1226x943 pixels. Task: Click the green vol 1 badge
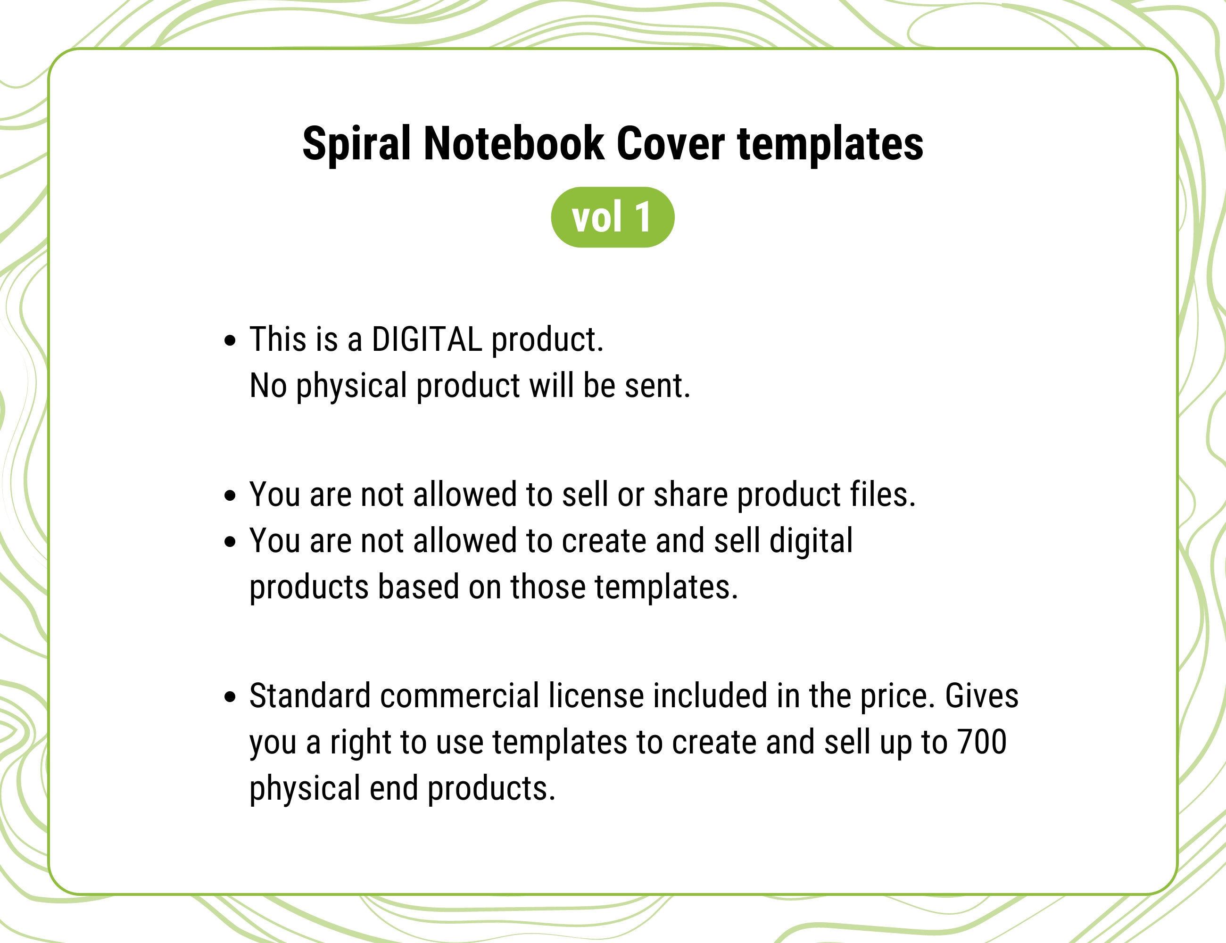pyautogui.click(x=613, y=217)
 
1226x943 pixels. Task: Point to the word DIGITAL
pyautogui.click(x=427, y=339)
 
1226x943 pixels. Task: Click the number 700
pyautogui.click(x=982, y=742)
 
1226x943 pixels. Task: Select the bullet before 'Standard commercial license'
pyautogui.click(x=230, y=697)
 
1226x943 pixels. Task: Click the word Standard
pyautogui.click(x=310, y=696)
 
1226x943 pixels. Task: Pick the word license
pyautogui.click(x=596, y=696)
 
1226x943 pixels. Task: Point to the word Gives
pyautogui.click(x=982, y=696)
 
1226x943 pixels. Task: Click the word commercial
pyautogui.click(x=460, y=696)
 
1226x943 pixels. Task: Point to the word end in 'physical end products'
pyautogui.click(x=394, y=788)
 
